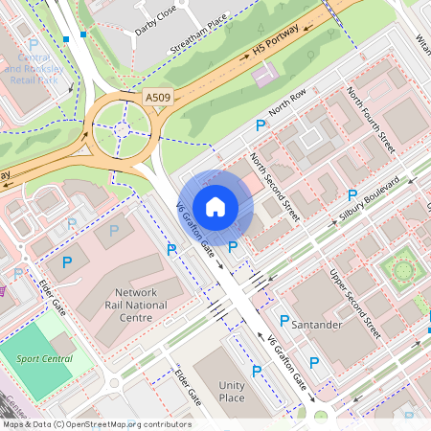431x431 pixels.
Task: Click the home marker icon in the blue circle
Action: (215, 206)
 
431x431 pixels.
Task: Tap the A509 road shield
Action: (160, 98)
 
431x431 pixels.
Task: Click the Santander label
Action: (316, 325)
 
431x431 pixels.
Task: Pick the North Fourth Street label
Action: (372, 121)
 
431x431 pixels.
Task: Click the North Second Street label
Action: (275, 187)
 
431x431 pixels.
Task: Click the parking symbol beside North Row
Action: (260, 125)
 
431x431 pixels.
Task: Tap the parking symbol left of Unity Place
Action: (256, 370)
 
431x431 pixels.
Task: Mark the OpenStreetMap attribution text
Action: (97, 424)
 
